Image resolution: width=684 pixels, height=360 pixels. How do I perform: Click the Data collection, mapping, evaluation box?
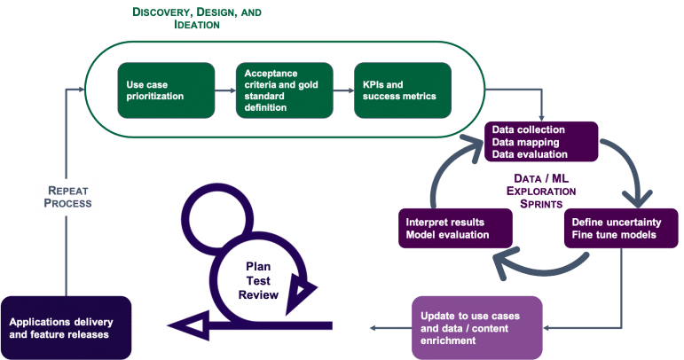542,142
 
